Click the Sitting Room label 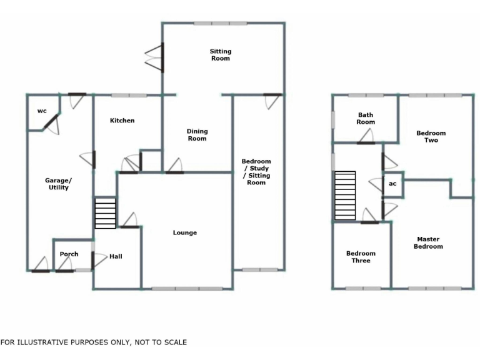[x=220, y=55]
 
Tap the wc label [x=42, y=111]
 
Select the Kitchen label [x=122, y=121]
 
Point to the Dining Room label [x=197, y=135]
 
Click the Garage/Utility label [x=58, y=184]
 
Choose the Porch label [x=69, y=254]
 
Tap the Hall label [x=116, y=256]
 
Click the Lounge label [x=185, y=233]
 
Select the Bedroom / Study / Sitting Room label [x=256, y=172]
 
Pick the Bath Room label [x=366, y=118]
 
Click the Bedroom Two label [x=431, y=136]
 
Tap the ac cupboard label [x=392, y=184]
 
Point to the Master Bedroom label [x=428, y=242]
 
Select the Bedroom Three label [x=361, y=257]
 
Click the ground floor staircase [x=106, y=214]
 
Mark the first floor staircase [x=345, y=196]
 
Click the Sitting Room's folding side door [x=154, y=59]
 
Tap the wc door [x=51, y=122]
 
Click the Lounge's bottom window [x=187, y=289]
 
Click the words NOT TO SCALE [x=159, y=342]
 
